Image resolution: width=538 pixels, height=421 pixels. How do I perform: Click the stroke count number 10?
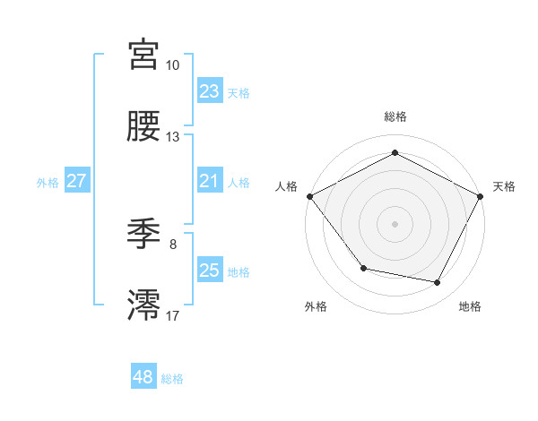click(173, 65)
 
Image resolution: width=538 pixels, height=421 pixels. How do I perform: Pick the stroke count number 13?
click(173, 137)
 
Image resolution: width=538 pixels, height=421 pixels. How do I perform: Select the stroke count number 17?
click(173, 315)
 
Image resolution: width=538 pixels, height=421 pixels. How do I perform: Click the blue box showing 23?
click(209, 91)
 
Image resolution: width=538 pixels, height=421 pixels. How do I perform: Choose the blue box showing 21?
click(209, 181)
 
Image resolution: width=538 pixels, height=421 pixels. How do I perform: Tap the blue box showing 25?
click(209, 271)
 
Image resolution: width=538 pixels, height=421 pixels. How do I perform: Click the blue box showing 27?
click(76, 181)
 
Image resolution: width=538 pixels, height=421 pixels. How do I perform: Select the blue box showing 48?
click(143, 377)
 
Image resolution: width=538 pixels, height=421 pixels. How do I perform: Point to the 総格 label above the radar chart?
click(395, 117)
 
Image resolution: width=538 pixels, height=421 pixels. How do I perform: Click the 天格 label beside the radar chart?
click(505, 186)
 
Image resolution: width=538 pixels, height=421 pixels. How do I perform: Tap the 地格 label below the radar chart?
click(470, 306)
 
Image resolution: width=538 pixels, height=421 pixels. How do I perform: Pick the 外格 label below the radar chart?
click(316, 306)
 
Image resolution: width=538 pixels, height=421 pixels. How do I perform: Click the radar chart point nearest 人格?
click(309, 196)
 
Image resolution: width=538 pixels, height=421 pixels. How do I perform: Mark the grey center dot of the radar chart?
click(395, 223)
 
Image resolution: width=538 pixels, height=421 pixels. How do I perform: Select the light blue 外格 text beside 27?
click(48, 182)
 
